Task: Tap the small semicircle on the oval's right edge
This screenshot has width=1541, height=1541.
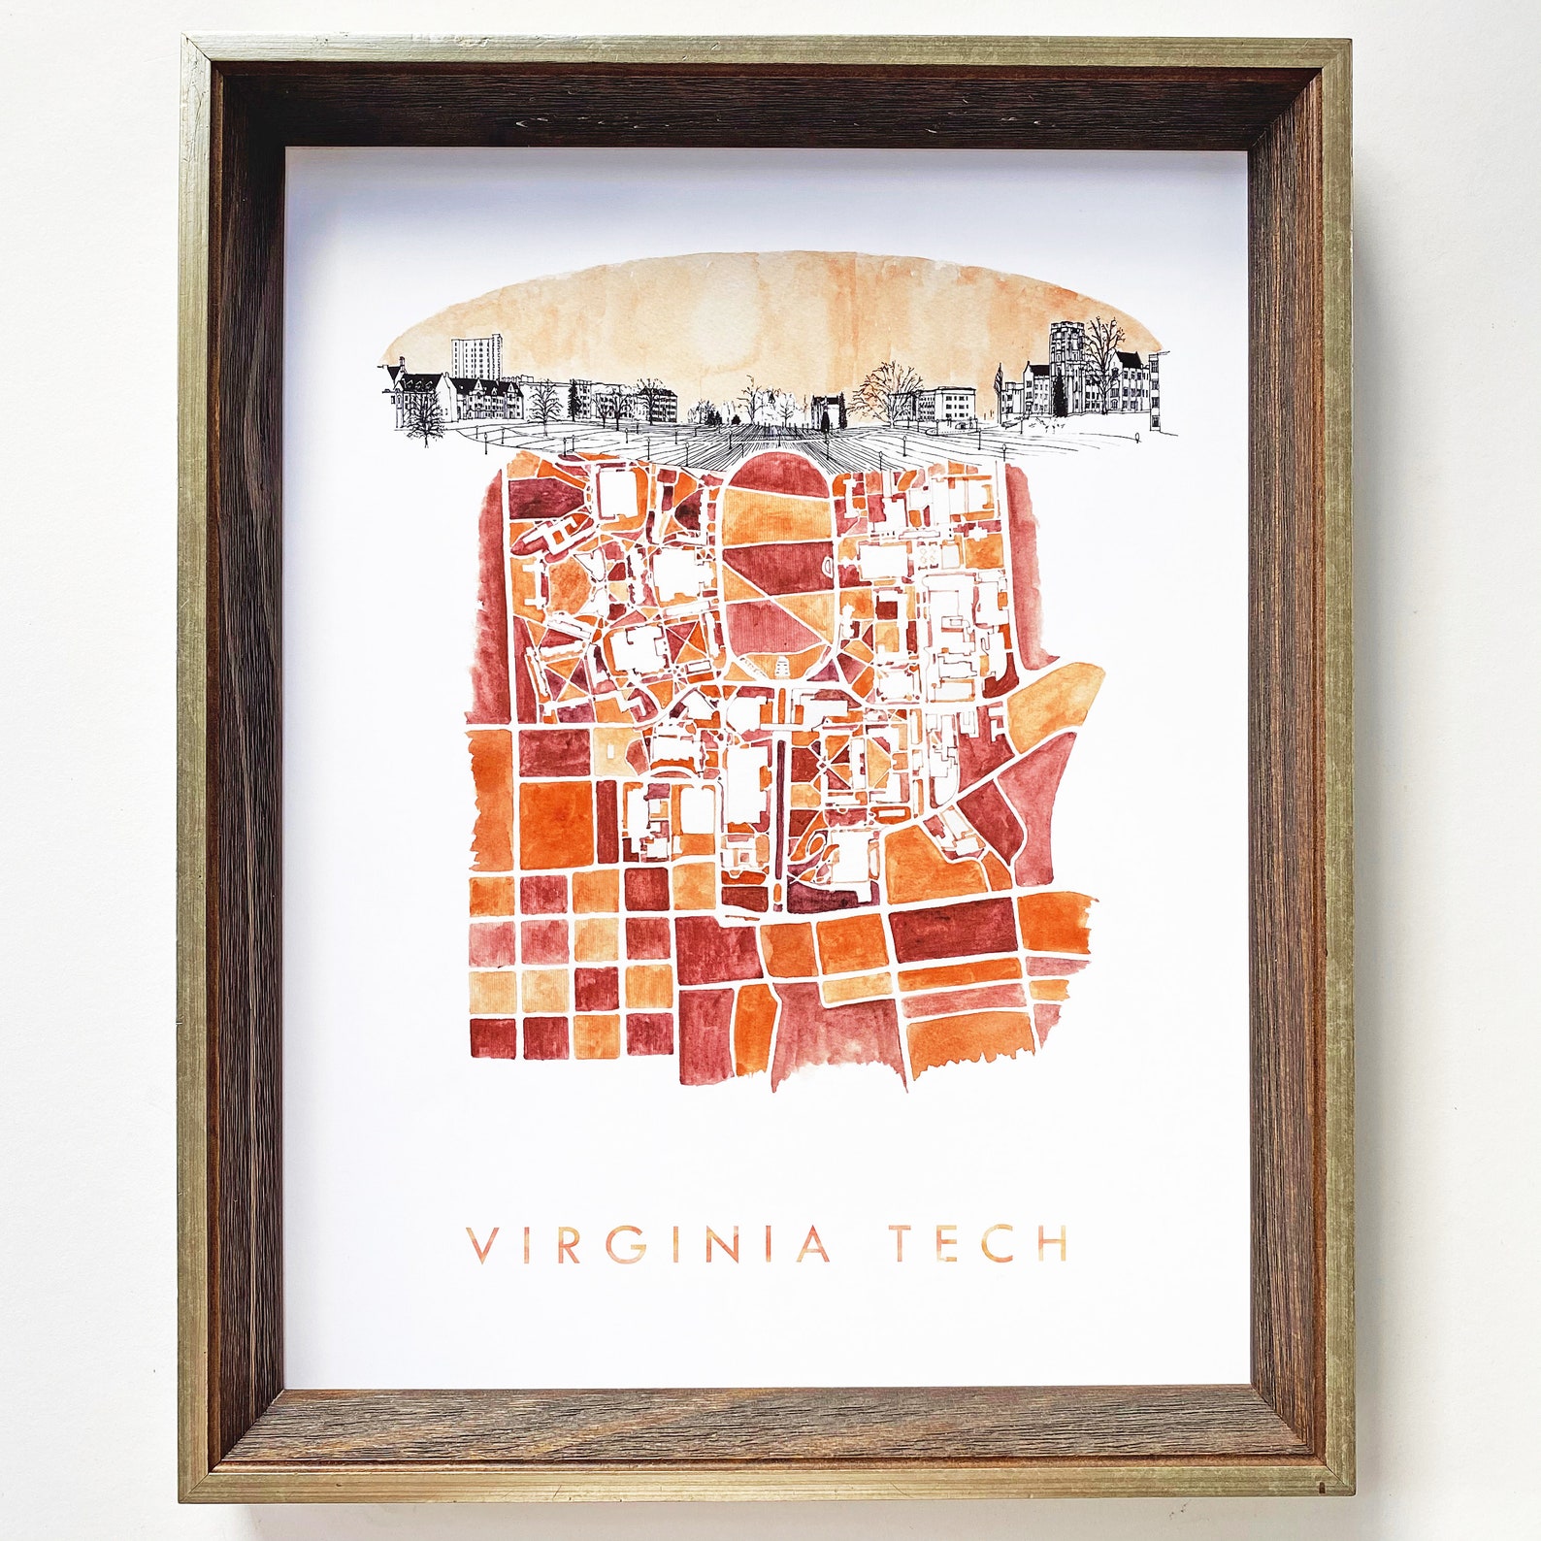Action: point(828,563)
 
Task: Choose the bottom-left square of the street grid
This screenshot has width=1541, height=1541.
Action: point(492,1037)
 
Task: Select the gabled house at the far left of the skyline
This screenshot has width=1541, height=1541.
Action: point(408,388)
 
